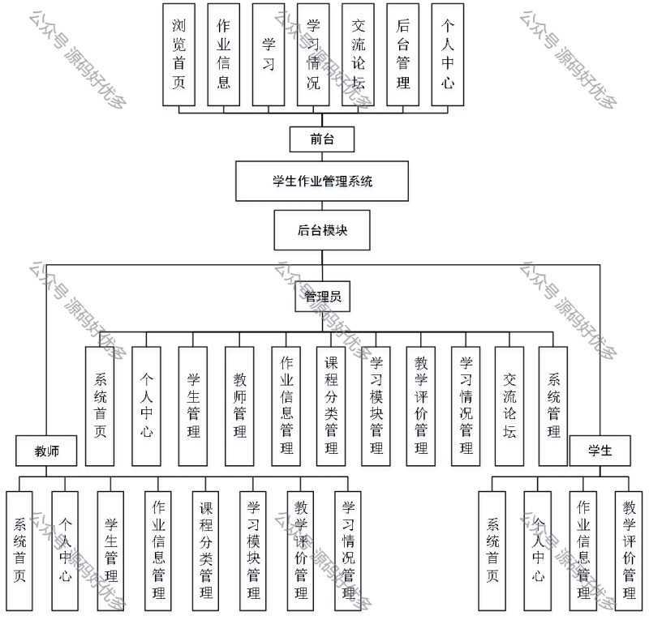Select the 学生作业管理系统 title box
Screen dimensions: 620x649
[322, 182]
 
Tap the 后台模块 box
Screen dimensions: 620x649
[322, 230]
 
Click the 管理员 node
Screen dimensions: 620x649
[322, 297]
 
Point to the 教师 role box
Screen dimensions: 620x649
[45, 450]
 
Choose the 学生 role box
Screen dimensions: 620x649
[601, 450]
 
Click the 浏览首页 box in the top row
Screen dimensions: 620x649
[179, 54]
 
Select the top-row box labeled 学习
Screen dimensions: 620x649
[269, 54]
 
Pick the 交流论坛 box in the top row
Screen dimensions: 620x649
[359, 54]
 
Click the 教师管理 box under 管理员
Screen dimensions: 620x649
[239, 405]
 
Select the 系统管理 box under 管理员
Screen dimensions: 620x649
[553, 405]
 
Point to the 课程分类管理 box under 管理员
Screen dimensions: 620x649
[331, 405]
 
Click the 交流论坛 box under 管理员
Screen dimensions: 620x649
[509, 405]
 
